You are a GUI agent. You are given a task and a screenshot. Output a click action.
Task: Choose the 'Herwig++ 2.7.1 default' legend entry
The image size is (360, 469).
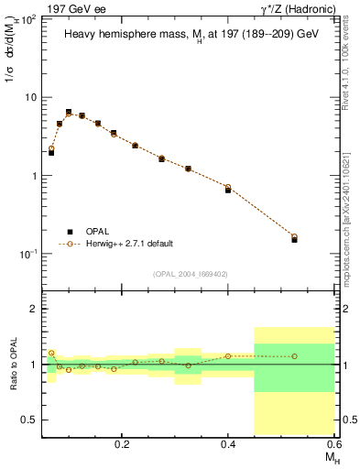tap(128, 245)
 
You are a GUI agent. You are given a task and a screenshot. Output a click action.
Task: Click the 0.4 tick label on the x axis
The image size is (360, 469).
tap(228, 444)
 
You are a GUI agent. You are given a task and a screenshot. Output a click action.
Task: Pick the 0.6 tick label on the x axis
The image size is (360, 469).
tap(334, 444)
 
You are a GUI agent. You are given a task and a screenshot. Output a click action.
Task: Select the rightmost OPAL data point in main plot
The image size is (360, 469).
tap(294, 239)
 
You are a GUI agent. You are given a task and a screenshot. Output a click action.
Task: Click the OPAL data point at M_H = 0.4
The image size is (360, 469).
tap(228, 190)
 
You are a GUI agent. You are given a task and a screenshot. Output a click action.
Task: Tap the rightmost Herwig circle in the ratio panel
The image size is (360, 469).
tap(294, 356)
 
